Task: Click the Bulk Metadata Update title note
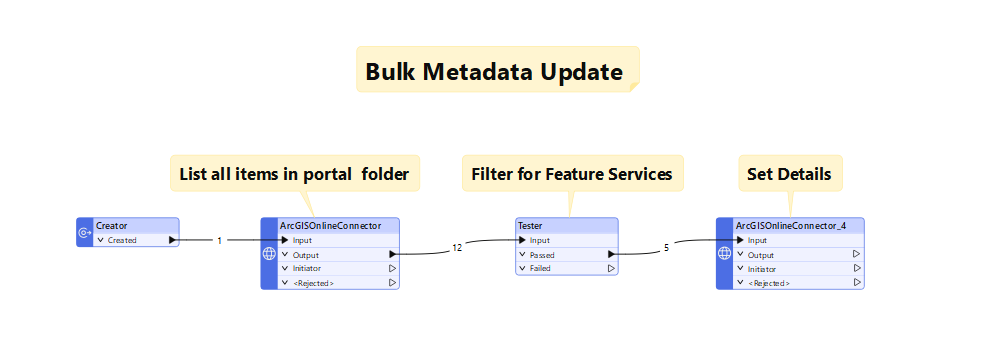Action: point(496,72)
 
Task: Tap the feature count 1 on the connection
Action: point(219,241)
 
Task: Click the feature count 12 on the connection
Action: point(457,247)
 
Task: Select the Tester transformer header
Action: point(566,226)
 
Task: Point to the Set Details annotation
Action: point(790,174)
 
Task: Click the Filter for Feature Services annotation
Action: point(571,174)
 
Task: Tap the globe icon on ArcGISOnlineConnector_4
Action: point(725,254)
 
